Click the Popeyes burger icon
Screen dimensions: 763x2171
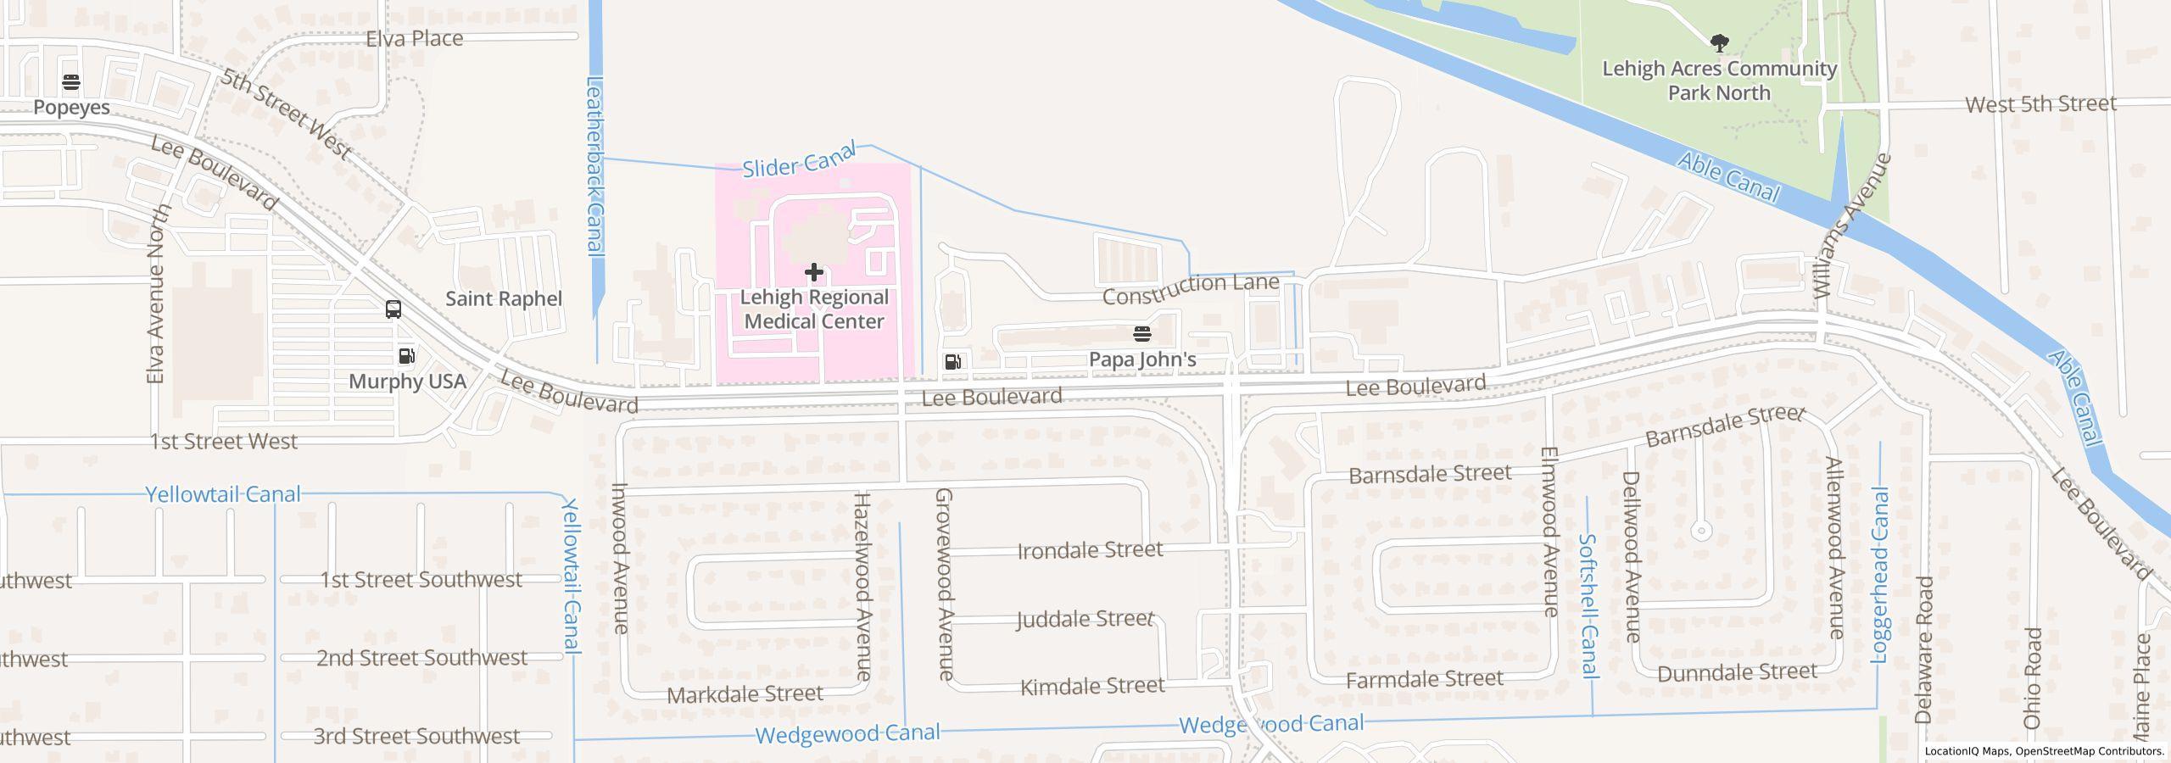coord(71,82)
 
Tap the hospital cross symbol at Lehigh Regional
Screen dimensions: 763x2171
coord(813,272)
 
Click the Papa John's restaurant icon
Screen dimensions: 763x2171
coord(1141,334)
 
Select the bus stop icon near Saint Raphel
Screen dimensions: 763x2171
coord(393,309)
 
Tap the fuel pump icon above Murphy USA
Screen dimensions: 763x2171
coord(407,356)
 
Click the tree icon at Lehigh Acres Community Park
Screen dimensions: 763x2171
coord(1719,42)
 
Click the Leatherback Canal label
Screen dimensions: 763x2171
coord(595,166)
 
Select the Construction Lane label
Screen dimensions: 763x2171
coord(1191,288)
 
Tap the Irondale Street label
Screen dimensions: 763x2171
coord(1090,550)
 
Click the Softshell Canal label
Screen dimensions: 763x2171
coord(1589,605)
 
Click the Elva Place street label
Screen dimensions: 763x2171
coord(414,38)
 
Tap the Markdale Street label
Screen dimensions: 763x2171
coord(745,694)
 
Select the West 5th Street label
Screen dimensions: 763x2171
coord(2040,104)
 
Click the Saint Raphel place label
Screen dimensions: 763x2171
coord(504,298)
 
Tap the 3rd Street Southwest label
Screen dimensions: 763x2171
coord(416,736)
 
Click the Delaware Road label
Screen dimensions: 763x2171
coord(1924,649)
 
